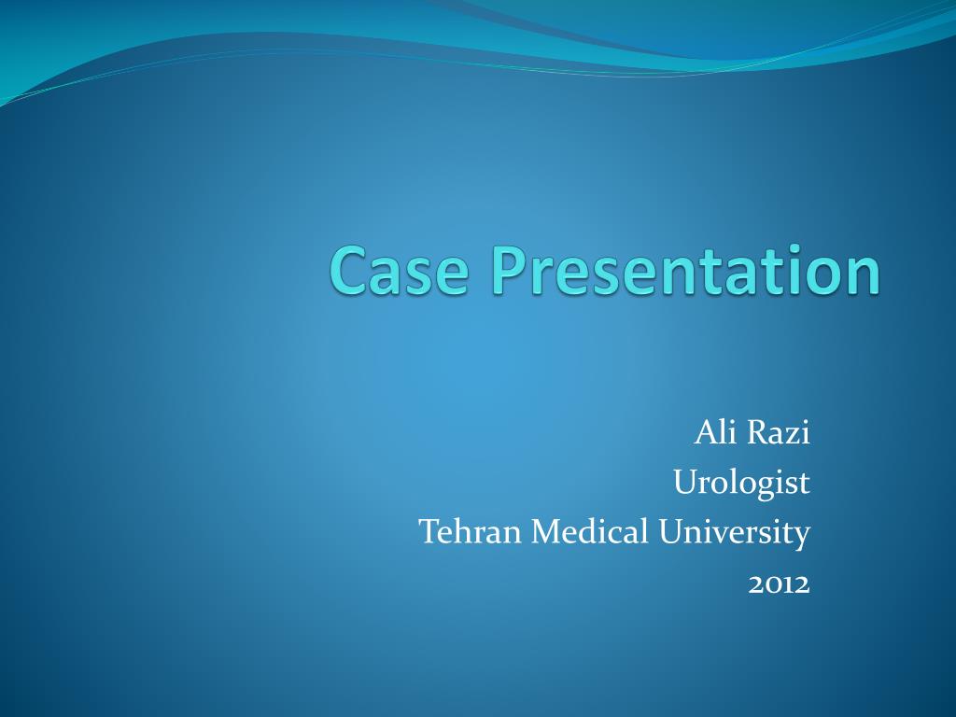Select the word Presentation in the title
click(685, 271)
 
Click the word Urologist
click(741, 483)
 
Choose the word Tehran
click(471, 532)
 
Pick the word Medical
click(589, 532)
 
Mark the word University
click(733, 532)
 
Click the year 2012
click(779, 583)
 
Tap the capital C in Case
click(350, 271)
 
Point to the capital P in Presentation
click(513, 271)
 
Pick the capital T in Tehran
click(429, 532)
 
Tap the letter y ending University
click(801, 536)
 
